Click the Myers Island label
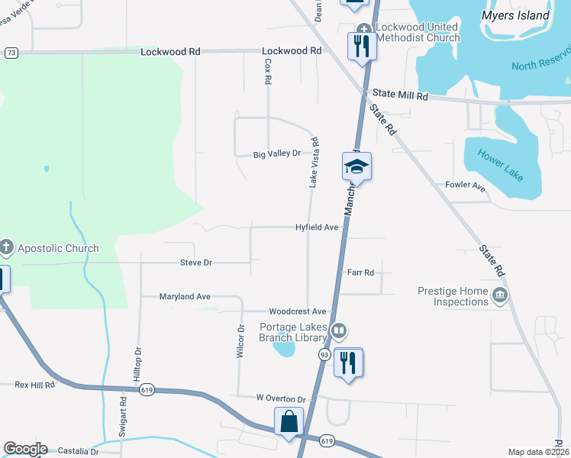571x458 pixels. [x=515, y=15]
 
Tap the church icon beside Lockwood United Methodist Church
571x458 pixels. [x=363, y=31]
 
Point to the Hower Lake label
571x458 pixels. [x=501, y=163]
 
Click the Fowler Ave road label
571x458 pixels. [x=465, y=185]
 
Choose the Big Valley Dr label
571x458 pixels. [x=277, y=154]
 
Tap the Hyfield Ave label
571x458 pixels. [x=317, y=227]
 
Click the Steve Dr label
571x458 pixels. [x=196, y=263]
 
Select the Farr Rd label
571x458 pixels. [x=360, y=273]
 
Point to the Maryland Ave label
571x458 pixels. [x=185, y=296]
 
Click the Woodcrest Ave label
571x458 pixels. [x=297, y=311]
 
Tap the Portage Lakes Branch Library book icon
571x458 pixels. [x=340, y=331]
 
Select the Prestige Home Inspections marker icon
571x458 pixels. [x=500, y=295]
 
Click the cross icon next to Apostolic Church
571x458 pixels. [x=6, y=247]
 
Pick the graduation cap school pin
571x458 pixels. [x=356, y=165]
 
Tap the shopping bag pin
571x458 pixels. [x=289, y=421]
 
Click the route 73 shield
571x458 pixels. [x=11, y=53]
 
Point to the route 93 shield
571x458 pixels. [x=324, y=355]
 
